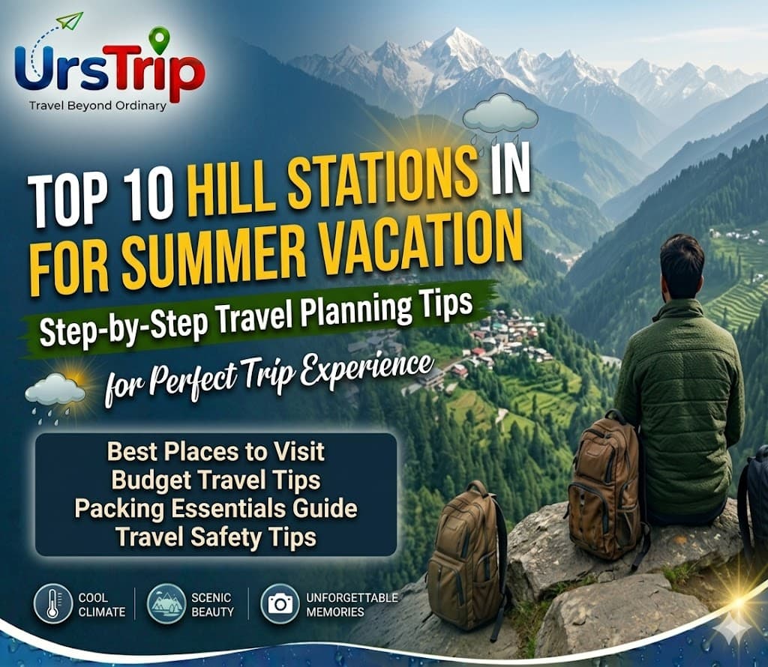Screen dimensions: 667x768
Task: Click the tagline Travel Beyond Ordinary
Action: click(x=97, y=105)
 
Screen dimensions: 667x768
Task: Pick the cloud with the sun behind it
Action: click(x=56, y=392)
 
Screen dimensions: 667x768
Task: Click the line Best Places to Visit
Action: click(x=216, y=452)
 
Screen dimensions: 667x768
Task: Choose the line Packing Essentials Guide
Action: click(x=216, y=508)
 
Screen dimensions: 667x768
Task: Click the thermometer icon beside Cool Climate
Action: click(x=52, y=604)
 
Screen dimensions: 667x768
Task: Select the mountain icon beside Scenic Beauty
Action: click(x=166, y=604)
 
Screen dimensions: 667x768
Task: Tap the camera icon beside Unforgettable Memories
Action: click(x=280, y=604)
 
